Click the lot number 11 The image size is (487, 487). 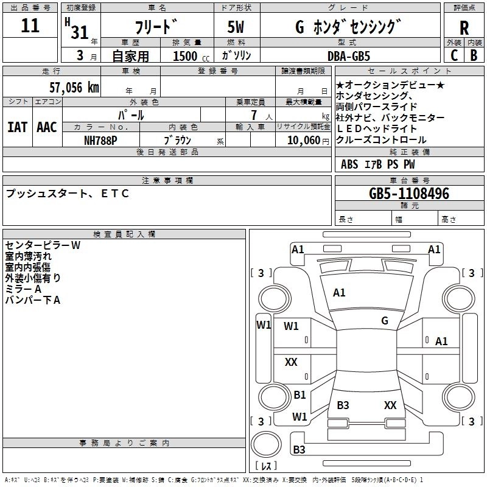tap(30, 26)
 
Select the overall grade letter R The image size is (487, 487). tap(464, 28)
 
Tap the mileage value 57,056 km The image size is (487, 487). tap(74, 88)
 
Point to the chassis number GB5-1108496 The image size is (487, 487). tap(409, 194)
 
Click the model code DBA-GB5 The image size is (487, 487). tap(349, 56)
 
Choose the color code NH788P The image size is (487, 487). tap(100, 141)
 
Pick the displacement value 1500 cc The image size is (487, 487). tap(191, 56)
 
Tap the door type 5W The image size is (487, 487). tap(236, 27)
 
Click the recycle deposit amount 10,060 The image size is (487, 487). tap(304, 141)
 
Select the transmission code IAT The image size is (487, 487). tap(18, 127)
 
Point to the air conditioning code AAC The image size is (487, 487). tap(47, 127)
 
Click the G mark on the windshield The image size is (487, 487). tap(385, 320)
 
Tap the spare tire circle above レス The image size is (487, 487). tap(266, 444)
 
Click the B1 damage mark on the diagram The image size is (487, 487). tap(300, 394)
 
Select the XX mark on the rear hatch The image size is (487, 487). tap(390, 405)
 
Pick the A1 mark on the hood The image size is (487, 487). tap(339, 293)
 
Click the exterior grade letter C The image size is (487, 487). tap(454, 55)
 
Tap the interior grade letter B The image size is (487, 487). tap(474, 55)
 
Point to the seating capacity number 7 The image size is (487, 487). tap(254, 115)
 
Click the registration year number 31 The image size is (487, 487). tap(80, 32)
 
